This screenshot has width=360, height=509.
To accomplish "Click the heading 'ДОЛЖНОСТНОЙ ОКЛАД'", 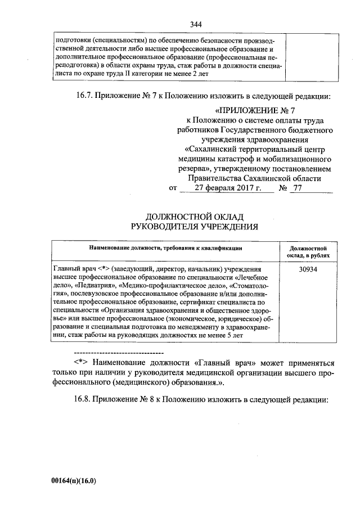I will (195, 217).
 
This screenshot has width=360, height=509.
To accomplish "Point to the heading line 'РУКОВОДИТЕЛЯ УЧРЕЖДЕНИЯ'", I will (195, 227).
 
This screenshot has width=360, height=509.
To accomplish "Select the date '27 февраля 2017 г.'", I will (227, 188).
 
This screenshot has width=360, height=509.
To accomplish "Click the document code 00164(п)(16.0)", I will (74, 481).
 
